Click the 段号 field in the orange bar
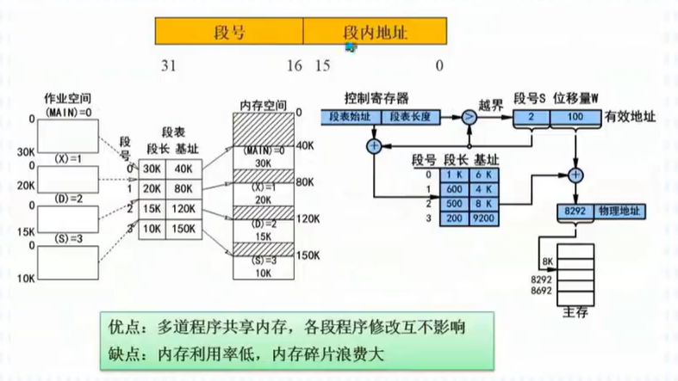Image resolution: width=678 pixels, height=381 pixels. pyautogui.click(x=229, y=32)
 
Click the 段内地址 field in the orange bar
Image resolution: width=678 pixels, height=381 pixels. pyautogui.click(x=375, y=32)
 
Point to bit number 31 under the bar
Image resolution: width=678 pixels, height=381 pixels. pyautogui.click(x=170, y=65)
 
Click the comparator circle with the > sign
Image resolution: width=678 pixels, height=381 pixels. pyautogui.click(x=470, y=117)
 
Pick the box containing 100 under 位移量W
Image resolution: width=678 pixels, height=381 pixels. pyautogui.click(x=575, y=116)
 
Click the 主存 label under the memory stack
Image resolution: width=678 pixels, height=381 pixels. pyautogui.click(x=575, y=312)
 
